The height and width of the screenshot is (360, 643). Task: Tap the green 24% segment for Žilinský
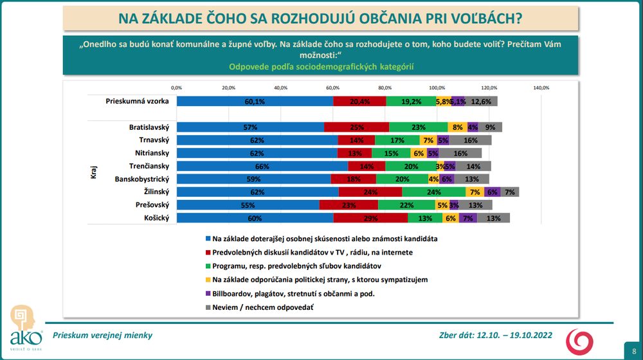click(x=434, y=192)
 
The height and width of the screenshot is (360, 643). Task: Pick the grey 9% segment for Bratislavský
click(x=491, y=127)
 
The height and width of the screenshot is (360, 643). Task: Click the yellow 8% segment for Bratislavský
click(x=457, y=127)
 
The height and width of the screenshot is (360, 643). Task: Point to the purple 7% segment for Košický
click(x=467, y=218)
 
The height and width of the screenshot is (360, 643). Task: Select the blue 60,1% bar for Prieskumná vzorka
click(x=255, y=101)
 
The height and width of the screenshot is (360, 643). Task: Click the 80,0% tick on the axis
click(x=385, y=87)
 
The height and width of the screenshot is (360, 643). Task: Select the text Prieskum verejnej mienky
click(x=103, y=336)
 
